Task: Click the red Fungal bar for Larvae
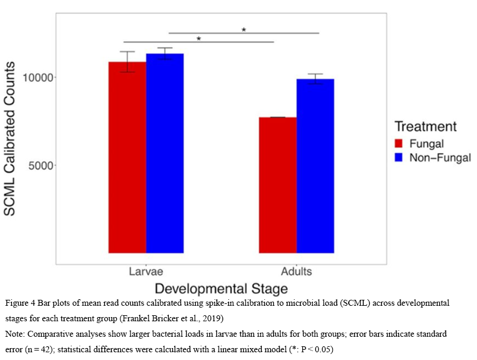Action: point(127,157)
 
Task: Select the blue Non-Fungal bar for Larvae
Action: point(165,153)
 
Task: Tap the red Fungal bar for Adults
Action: point(278,185)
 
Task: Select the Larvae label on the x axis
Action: point(146,272)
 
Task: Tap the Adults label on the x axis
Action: point(296,272)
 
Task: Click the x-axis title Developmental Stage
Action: point(222,288)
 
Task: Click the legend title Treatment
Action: point(426,126)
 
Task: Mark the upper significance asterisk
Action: point(244,30)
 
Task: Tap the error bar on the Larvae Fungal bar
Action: point(127,61)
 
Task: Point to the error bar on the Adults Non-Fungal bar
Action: point(315,79)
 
